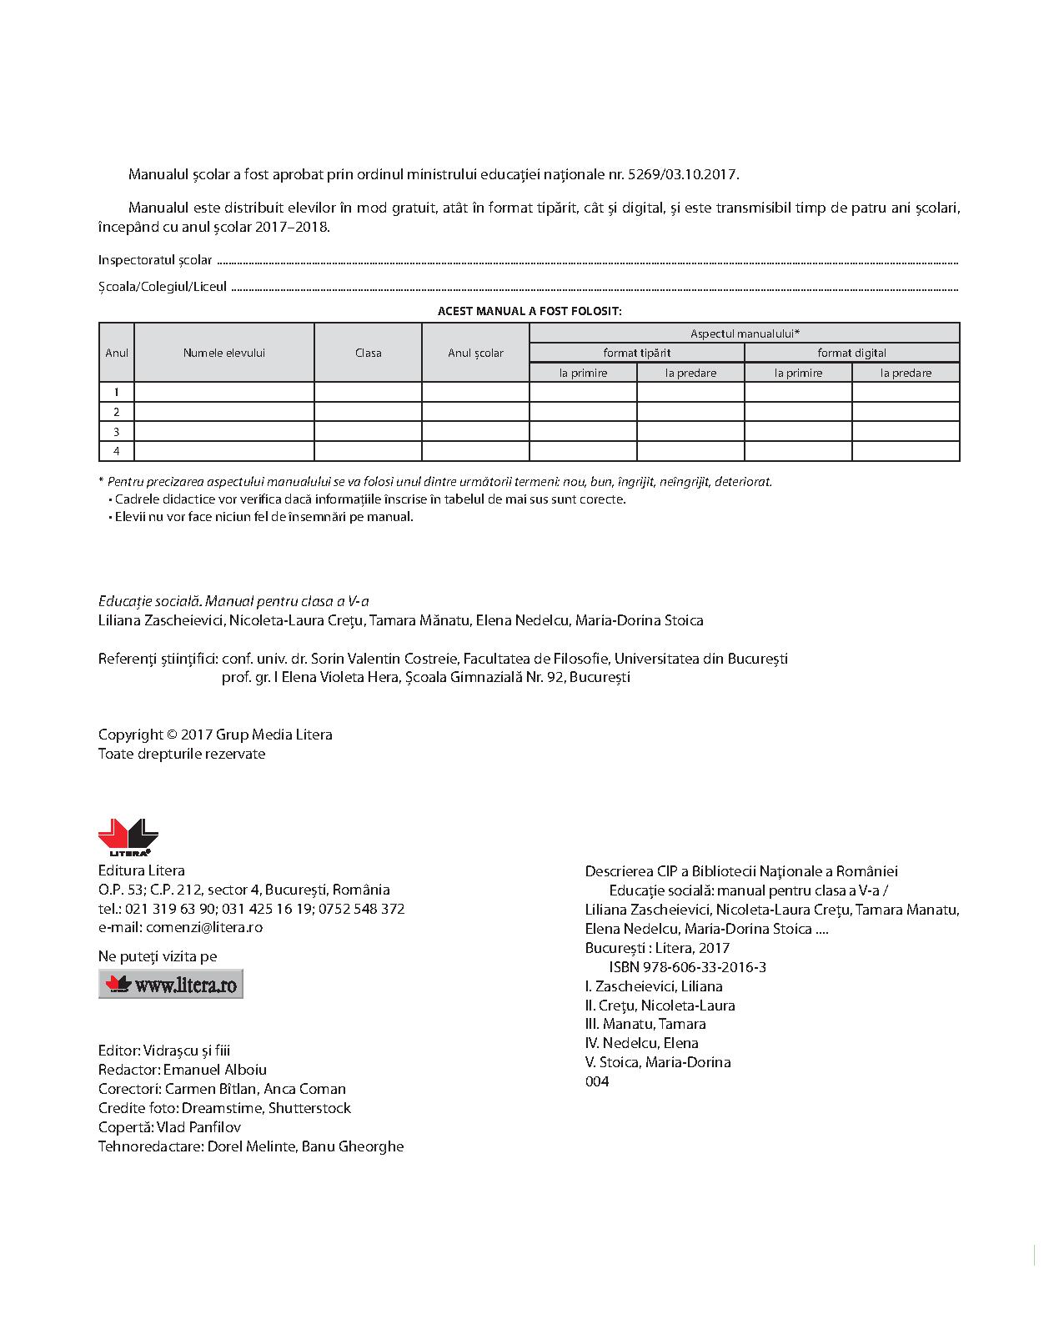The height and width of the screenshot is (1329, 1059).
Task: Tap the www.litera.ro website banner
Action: [x=171, y=984]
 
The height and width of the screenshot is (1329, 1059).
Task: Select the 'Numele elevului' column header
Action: [x=224, y=353]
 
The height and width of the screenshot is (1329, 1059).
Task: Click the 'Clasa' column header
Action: [x=368, y=353]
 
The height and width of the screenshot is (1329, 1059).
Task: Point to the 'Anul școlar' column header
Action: [x=475, y=353]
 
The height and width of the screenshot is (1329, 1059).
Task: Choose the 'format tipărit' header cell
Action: [x=637, y=353]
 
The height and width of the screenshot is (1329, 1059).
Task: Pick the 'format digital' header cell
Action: [x=851, y=353]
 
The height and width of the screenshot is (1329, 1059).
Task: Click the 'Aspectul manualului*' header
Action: [x=745, y=333]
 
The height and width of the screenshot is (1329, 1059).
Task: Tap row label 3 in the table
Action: [x=117, y=432]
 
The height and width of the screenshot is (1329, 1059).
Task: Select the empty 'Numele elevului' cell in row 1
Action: [x=224, y=392]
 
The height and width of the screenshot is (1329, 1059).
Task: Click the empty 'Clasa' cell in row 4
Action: [x=368, y=451]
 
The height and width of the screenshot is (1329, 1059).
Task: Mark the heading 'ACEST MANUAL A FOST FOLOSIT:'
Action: [x=529, y=311]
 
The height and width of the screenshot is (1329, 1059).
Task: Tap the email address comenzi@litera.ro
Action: [x=203, y=927]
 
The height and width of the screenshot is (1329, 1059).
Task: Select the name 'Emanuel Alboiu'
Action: [x=215, y=1070]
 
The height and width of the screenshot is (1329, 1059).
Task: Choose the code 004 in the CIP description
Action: [x=597, y=1081]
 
